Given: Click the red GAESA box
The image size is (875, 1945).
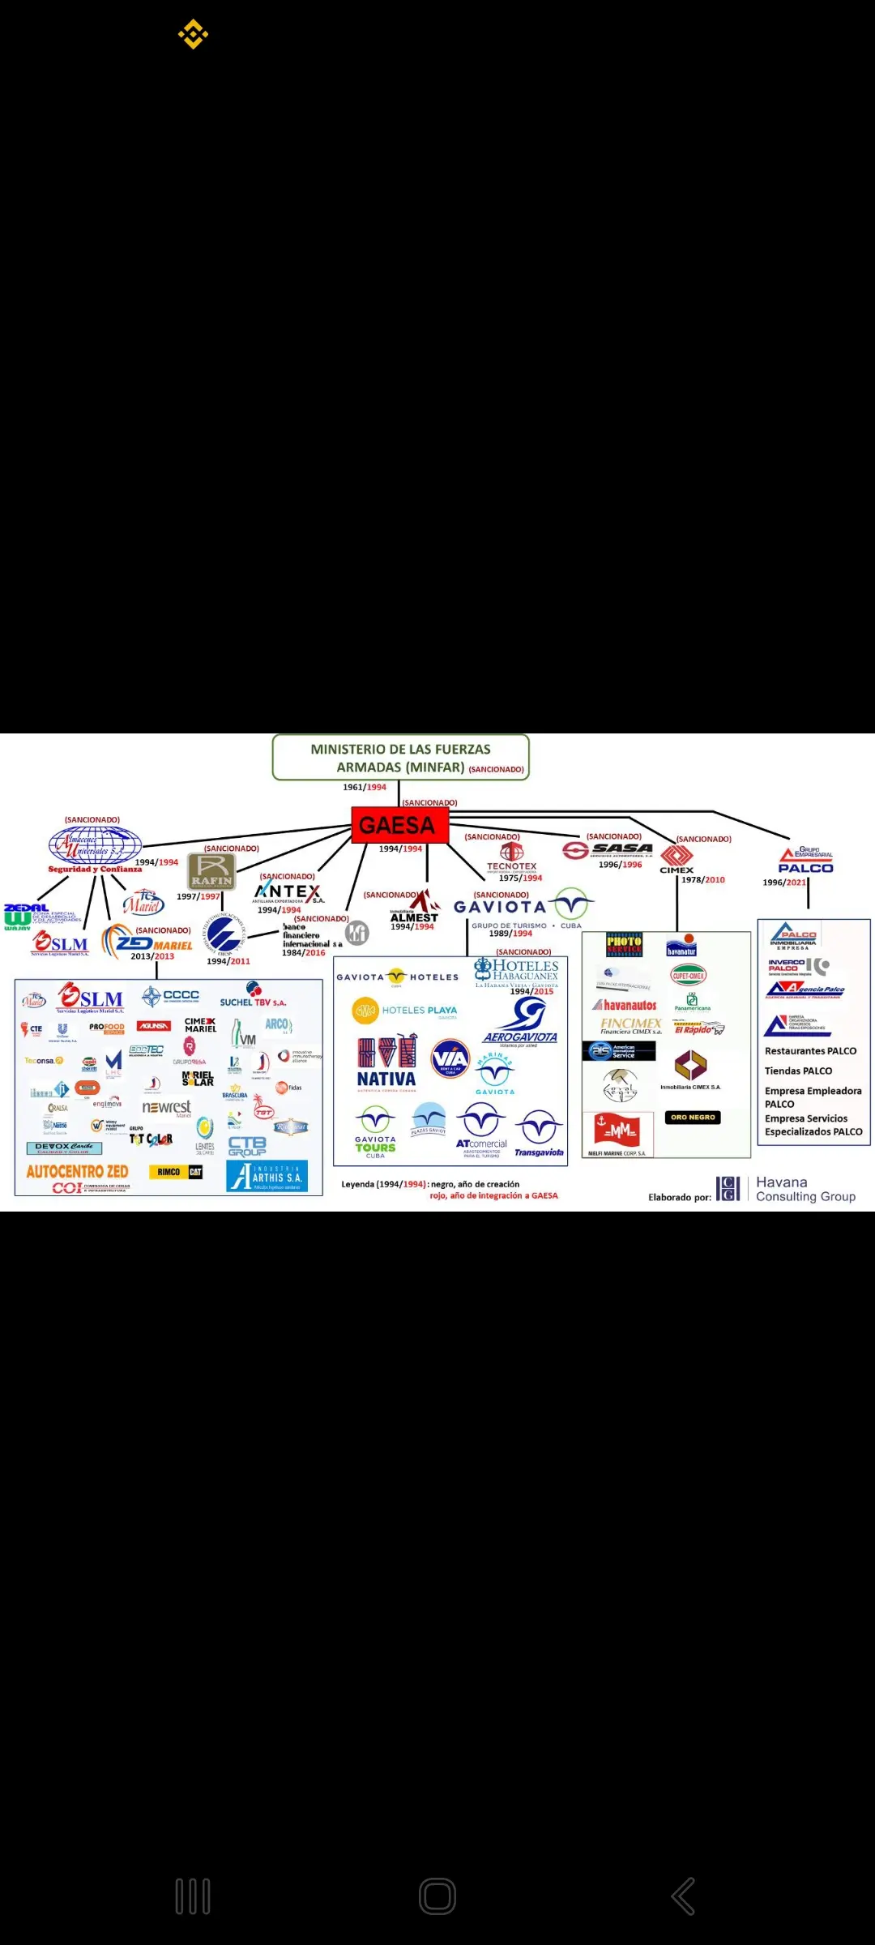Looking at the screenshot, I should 399,825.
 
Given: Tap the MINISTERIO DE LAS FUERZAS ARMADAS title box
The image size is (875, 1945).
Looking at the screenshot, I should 401,758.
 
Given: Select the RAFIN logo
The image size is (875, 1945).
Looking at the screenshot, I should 211,871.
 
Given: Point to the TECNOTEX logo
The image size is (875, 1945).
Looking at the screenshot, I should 511,857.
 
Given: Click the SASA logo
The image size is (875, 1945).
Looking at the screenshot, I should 608,849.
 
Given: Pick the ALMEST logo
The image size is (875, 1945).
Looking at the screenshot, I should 416,908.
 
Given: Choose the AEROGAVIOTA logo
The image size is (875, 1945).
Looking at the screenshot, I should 521,1021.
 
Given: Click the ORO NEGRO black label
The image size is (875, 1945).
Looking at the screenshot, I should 693,1118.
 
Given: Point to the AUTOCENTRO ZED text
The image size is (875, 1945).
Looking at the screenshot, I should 77,1172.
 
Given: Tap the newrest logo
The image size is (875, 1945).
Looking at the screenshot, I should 166,1108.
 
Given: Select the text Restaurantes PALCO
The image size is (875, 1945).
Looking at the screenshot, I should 810,1051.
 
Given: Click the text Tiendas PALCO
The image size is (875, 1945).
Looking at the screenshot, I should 798,1071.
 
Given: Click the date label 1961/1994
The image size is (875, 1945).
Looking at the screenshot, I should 365,787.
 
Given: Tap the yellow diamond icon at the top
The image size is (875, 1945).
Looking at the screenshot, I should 193,34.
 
